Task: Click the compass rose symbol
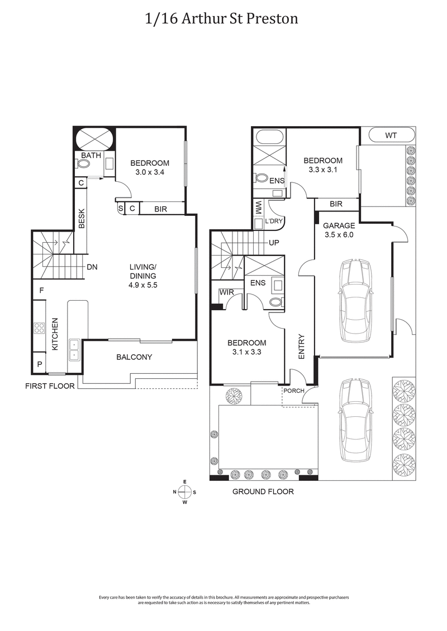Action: pyautogui.click(x=184, y=492)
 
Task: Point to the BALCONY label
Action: pyautogui.click(x=134, y=357)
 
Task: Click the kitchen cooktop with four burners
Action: pyautogui.click(x=39, y=327)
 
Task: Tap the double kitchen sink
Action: pyautogui.click(x=74, y=350)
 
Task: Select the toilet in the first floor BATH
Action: pyautogui.click(x=84, y=164)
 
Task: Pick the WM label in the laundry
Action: pyautogui.click(x=259, y=211)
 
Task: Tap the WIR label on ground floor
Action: pyautogui.click(x=226, y=292)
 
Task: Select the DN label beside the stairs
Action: pyautogui.click(x=92, y=267)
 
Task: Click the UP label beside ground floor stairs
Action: pyautogui.click(x=274, y=243)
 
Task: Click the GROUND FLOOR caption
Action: pyautogui.click(x=263, y=492)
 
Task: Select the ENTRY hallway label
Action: pyautogui.click(x=301, y=346)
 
